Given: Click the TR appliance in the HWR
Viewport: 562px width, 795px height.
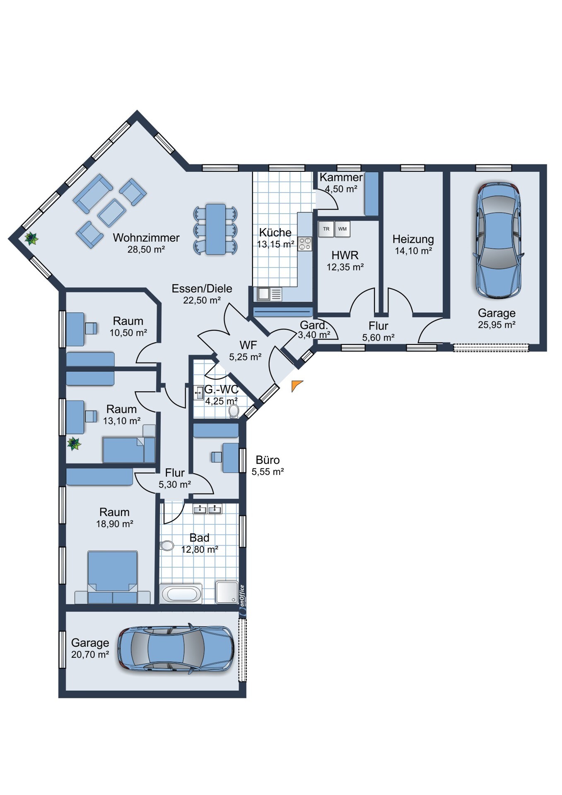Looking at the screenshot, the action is click(326, 229).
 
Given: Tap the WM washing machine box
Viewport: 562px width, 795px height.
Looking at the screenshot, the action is click(343, 229).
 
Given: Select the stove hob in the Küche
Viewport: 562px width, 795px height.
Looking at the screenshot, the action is click(305, 244).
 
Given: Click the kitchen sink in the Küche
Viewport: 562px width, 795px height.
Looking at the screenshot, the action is click(269, 294).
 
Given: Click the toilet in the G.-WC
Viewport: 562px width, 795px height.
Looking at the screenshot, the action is click(234, 411).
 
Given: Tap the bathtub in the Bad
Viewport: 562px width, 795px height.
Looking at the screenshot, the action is click(181, 594).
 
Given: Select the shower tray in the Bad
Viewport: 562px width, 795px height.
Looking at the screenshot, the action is click(227, 592).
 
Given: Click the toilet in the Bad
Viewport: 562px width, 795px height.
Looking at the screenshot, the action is click(167, 546).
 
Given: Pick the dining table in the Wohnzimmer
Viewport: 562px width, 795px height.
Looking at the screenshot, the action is click(216, 229).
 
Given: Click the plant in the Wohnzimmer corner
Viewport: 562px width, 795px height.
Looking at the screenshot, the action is click(31, 238).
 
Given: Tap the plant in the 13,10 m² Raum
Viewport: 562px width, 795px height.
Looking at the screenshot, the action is click(74, 444).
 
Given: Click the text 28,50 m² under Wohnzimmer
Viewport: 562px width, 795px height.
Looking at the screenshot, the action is click(146, 249).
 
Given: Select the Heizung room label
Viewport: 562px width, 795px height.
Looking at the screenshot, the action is click(413, 239).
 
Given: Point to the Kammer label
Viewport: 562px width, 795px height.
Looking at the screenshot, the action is click(341, 177).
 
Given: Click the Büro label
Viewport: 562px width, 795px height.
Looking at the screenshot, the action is click(268, 460).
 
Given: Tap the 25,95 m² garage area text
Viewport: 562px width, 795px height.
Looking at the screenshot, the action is click(497, 325).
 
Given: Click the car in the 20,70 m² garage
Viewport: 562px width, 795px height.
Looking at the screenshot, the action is click(176, 649).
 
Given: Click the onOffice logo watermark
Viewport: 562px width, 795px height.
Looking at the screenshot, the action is click(242, 600).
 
